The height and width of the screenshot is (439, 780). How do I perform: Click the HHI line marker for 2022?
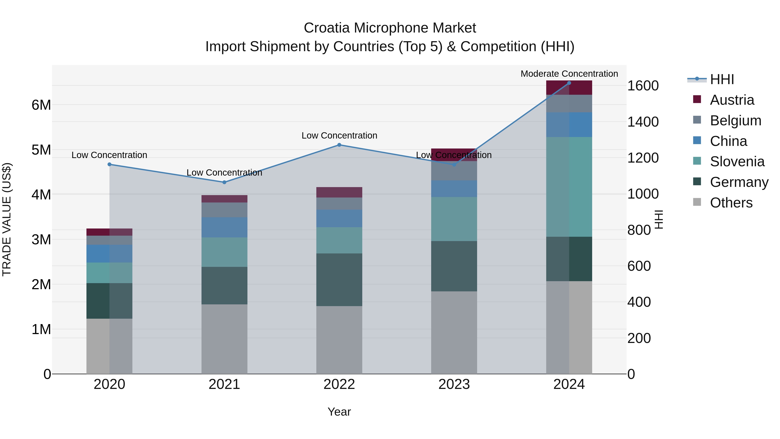point(339,145)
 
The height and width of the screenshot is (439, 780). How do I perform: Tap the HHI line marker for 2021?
point(224,182)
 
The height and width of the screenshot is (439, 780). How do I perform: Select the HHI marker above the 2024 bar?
point(569,83)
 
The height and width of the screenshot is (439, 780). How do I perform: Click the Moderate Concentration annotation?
point(569,74)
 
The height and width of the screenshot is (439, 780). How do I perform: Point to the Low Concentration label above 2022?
point(339,135)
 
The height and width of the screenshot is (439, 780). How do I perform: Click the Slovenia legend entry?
point(737,162)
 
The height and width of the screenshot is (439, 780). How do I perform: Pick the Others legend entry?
point(731,203)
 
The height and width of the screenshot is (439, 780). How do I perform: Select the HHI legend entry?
point(722,79)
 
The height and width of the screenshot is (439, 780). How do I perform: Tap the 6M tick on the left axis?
point(41,105)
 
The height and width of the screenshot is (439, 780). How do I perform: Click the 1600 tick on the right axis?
point(643,86)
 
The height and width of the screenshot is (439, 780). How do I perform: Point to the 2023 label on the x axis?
point(454,384)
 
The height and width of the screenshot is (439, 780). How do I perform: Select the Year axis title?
point(339,412)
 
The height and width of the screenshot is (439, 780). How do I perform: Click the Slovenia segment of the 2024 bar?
point(569,187)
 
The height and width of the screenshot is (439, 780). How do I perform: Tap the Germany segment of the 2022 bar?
point(339,279)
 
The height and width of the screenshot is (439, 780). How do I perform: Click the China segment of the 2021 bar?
point(224,227)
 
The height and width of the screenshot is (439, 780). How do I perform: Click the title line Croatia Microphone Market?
point(390,28)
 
